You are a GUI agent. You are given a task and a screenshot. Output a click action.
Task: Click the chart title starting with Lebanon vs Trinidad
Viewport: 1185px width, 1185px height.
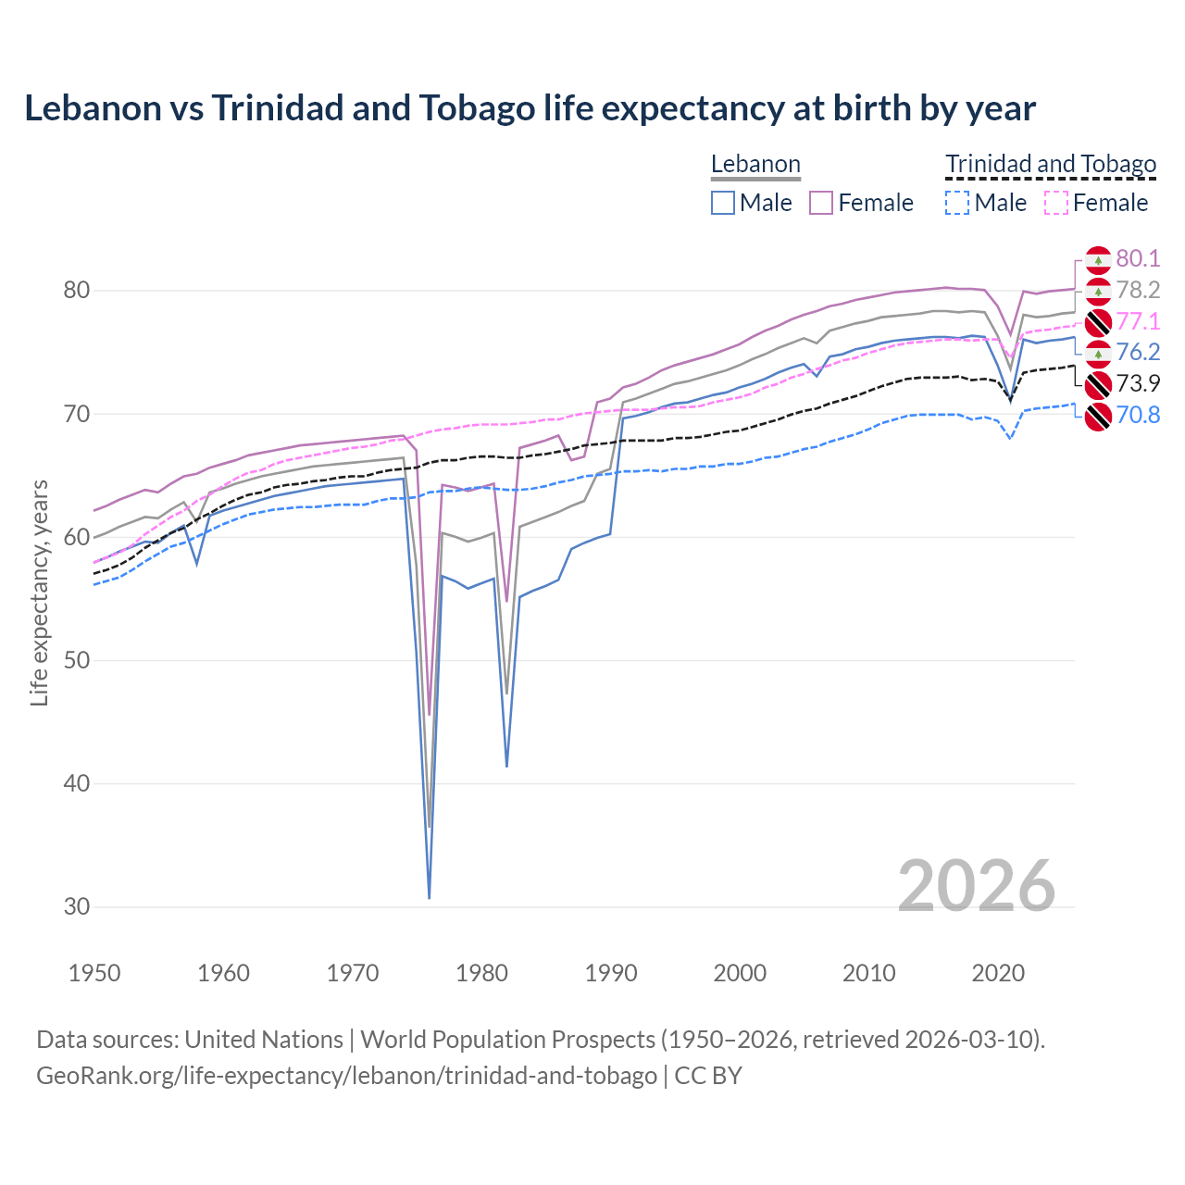530,108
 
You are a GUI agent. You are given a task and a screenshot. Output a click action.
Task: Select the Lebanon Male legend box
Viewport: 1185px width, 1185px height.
723,203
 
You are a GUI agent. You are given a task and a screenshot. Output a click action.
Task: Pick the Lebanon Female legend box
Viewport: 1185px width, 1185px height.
821,203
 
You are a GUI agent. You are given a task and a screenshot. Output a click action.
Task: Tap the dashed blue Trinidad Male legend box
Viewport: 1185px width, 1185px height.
957,203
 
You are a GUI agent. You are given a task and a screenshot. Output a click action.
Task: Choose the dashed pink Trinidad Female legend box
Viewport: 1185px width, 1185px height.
1056,203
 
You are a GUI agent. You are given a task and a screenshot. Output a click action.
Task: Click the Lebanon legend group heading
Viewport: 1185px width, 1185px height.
755,165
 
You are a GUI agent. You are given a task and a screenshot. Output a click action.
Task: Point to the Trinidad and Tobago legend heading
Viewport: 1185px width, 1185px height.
1051,165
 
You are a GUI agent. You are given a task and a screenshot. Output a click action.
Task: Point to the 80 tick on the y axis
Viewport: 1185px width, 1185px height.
77,291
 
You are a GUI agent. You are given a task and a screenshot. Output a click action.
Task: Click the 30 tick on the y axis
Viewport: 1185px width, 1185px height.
77,906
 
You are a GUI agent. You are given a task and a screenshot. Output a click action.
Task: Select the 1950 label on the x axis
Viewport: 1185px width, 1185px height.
94,973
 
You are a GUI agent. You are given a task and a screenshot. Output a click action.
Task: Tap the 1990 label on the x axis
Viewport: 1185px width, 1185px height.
611,973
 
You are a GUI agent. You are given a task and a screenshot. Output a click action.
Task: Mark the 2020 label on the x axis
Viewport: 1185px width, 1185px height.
998,973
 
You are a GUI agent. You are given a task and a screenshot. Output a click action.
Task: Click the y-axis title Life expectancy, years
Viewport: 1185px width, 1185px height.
40,592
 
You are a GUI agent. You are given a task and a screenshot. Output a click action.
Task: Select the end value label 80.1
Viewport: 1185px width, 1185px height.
1138,259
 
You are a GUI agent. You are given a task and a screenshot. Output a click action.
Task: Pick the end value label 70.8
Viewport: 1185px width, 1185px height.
1138,415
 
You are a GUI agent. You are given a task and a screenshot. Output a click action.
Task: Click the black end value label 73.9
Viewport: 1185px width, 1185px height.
1138,383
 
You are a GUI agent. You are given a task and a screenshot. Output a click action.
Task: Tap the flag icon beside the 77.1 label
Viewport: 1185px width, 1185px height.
1098,322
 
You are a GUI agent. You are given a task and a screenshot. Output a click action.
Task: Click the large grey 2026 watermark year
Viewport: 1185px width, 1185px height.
977,886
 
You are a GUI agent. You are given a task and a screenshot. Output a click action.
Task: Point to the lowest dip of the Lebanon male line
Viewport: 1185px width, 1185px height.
430,897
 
